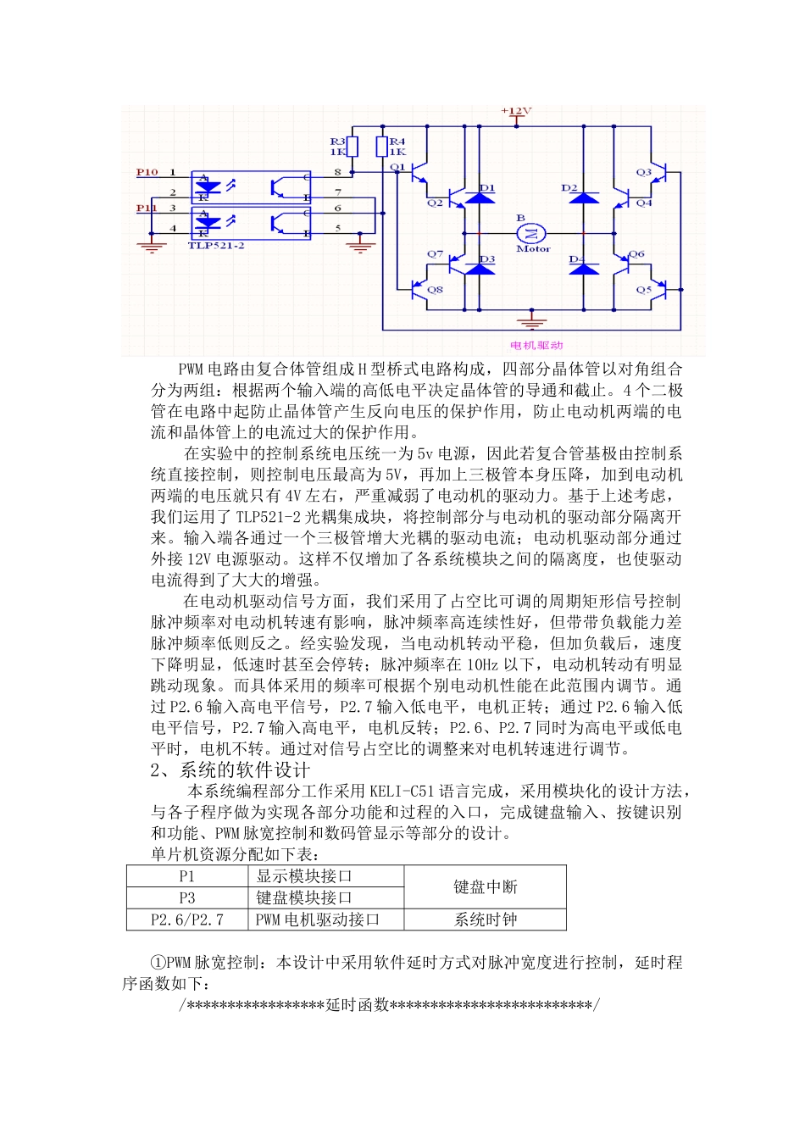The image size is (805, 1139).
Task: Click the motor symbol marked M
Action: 532,232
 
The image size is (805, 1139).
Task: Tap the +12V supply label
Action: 516,111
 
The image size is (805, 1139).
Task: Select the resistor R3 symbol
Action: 353,147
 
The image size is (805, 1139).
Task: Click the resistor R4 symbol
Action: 382,147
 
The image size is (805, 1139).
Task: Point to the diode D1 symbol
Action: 480,198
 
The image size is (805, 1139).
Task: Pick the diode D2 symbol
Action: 583,198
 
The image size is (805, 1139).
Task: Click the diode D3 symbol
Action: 480,269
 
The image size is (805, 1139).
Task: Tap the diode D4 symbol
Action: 583,269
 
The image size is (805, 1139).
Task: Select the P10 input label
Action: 147,172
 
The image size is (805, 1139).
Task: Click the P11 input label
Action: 147,208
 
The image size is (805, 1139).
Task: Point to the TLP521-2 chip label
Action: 216,246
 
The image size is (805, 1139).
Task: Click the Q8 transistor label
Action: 435,290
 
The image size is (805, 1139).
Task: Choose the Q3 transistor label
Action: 644,172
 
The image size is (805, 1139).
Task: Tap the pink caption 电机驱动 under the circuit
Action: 536,345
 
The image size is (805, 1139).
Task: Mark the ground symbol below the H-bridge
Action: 532,322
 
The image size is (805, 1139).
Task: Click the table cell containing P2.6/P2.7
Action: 187,920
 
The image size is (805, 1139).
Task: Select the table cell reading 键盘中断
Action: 485,886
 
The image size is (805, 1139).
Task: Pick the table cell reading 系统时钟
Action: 485,920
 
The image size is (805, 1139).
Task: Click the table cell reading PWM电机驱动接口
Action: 318,920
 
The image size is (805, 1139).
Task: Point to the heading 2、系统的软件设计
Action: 230,770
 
